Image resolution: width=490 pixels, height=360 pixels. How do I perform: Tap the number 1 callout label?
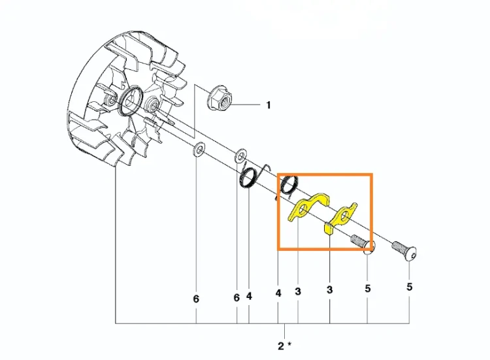coord(268,105)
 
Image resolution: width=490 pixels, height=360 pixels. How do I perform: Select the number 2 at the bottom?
coord(281,346)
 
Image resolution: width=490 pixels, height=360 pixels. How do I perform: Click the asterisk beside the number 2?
coord(289,344)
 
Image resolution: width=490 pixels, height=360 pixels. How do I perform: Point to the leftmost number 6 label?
coord(196,299)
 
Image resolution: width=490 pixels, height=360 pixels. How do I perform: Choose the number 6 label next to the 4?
coord(237,297)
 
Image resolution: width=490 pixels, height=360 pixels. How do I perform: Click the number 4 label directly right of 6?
coord(249,296)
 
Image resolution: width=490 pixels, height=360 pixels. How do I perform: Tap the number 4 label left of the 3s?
coord(278,293)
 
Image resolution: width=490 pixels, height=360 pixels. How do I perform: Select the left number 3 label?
coord(298,291)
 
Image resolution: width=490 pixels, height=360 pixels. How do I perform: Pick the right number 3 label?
coord(330,289)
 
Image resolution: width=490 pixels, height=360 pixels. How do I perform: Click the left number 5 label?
coord(368,288)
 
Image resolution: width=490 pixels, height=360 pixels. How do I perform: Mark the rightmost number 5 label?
coord(410,287)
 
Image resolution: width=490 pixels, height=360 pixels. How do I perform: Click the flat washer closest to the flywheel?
coord(197,150)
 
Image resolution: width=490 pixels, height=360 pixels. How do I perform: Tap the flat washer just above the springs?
coord(240,155)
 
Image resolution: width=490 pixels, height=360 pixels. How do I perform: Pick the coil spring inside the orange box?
coord(289,186)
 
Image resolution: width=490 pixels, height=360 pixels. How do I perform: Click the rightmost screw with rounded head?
coord(404,251)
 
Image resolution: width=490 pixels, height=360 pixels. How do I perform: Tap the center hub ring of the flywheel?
coord(131,101)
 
